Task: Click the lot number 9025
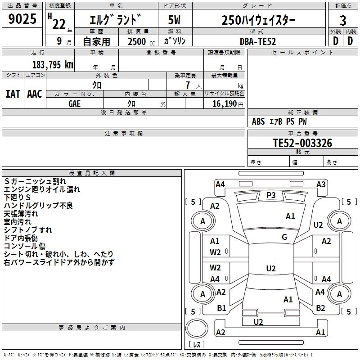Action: click(x=22, y=20)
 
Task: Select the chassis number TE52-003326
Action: click(x=302, y=143)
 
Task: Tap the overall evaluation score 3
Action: click(x=343, y=21)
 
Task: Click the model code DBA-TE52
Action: click(x=258, y=41)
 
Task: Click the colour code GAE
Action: click(x=75, y=103)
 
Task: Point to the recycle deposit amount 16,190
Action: click(x=224, y=103)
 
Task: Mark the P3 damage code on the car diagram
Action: click(x=271, y=195)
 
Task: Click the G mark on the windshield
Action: click(x=284, y=237)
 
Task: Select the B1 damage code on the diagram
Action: click(x=221, y=308)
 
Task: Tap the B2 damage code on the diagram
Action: click(x=320, y=308)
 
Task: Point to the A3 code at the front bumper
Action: click(x=321, y=184)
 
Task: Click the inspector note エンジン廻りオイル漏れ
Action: click(x=42, y=189)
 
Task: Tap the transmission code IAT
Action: click(x=13, y=94)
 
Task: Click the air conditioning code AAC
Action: click(x=35, y=94)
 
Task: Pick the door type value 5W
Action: click(x=175, y=21)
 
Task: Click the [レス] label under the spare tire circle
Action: click(x=196, y=344)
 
